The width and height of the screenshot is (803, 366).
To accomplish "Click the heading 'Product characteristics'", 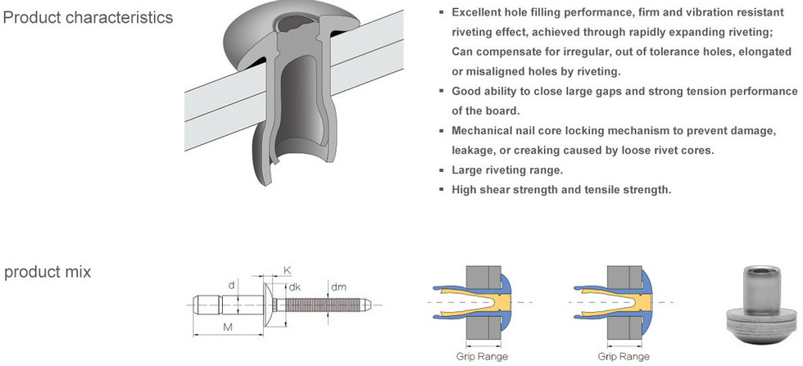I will click(88, 17).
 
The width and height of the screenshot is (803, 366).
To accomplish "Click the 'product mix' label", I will click(48, 272).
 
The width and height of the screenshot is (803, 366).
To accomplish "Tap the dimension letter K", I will click(287, 269).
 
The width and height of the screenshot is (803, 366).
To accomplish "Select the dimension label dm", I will click(338, 287).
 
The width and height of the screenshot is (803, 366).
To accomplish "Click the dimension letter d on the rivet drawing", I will click(232, 286).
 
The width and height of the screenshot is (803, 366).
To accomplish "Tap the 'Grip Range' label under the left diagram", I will click(482, 356).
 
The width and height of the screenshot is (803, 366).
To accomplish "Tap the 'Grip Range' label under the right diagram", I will click(624, 356).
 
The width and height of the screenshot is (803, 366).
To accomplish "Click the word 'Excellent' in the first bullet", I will click(479, 13).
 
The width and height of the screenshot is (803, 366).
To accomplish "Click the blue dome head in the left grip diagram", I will click(506, 300).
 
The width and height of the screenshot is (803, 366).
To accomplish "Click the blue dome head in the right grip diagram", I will click(647, 300).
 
